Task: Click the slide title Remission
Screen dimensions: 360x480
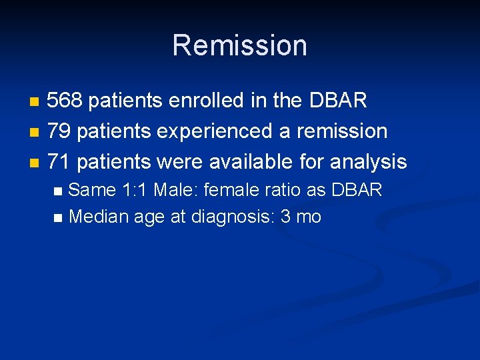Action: [239, 45]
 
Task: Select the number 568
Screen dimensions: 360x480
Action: [65, 101]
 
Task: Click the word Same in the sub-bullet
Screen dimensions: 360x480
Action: [93, 190]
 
